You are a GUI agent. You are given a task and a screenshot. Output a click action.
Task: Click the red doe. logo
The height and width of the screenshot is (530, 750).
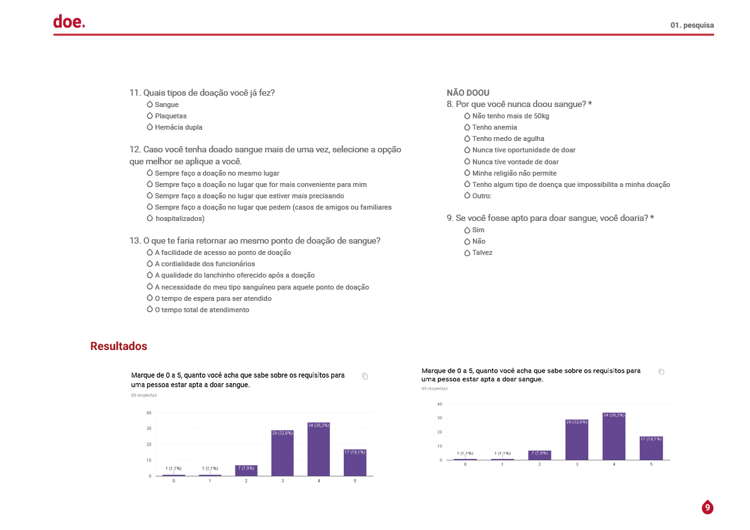point(69,22)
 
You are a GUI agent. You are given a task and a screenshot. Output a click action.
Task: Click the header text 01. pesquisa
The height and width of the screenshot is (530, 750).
point(692,25)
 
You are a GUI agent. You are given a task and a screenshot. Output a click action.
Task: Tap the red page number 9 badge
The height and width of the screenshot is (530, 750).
point(707,507)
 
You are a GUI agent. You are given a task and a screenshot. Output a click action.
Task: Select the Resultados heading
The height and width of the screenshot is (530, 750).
point(118,346)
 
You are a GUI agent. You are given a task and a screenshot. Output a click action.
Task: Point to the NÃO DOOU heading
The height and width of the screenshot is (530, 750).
point(468,93)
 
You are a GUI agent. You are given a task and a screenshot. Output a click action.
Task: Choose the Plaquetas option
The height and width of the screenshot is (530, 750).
point(170,116)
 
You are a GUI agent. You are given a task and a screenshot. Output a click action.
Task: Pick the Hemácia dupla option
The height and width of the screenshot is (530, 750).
point(178,127)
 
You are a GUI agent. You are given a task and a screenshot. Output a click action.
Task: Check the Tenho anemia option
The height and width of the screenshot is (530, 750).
point(494,127)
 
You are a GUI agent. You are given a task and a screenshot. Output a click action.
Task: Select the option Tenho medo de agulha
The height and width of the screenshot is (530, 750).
point(508,138)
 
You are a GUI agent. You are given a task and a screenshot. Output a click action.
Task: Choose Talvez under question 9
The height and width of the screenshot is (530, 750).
point(482,252)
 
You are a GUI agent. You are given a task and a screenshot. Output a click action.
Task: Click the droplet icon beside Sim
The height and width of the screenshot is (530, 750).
point(467,230)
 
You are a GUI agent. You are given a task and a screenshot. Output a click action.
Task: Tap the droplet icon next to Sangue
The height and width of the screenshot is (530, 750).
point(150,104)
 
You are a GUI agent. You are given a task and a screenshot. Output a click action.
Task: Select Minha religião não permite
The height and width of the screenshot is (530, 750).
point(514,173)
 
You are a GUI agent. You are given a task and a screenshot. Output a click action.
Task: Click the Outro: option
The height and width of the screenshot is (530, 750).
point(482,196)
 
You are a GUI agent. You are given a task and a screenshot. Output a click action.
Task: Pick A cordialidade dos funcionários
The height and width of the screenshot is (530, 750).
point(205,264)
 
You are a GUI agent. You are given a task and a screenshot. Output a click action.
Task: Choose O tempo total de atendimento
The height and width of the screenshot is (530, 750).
point(202,310)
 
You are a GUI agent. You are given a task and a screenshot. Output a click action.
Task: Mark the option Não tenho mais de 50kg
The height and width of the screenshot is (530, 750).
point(511,116)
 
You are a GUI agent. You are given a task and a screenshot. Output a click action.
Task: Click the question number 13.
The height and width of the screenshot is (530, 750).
point(135,240)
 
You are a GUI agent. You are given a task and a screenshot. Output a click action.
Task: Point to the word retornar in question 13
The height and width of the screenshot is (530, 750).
point(209,240)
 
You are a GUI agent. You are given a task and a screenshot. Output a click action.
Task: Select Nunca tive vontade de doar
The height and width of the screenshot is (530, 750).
point(515,162)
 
